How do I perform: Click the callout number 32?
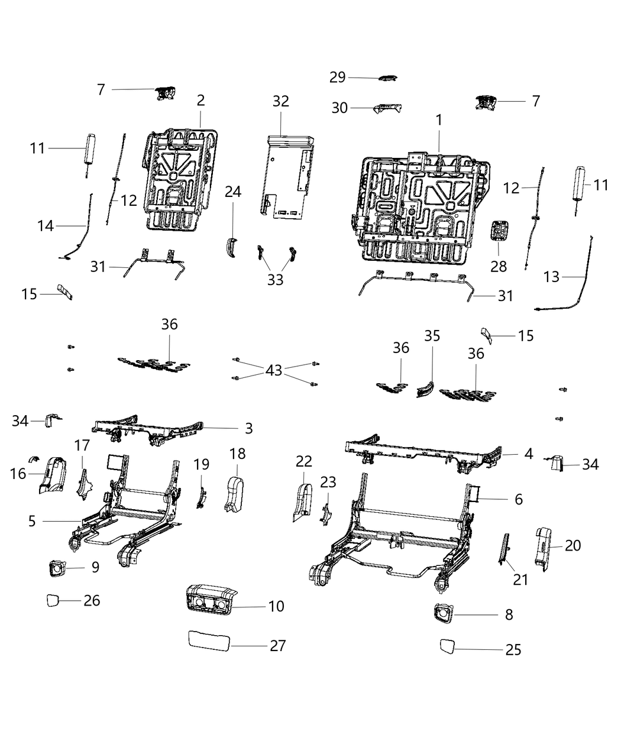pos(280,101)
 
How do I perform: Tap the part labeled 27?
pos(209,640)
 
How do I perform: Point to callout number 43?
pos(274,370)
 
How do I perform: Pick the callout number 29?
pos(337,77)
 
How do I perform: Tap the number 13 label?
pos(551,277)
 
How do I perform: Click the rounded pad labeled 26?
pos(54,601)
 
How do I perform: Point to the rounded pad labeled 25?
pos(447,646)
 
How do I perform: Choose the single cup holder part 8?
pos(443,615)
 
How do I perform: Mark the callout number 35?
pos(432,336)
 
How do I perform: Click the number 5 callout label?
pos(32,521)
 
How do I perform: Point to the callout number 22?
pos(304,461)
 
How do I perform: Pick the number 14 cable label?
pos(45,226)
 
